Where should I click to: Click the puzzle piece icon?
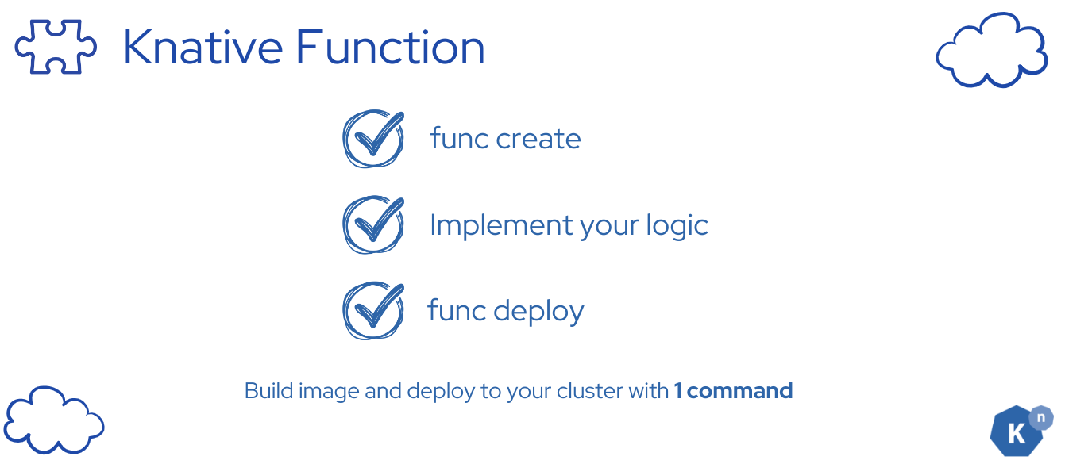coord(56,48)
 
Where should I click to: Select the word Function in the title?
coord(390,48)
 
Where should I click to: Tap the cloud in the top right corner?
coord(991,51)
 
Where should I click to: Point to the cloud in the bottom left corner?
coord(54,420)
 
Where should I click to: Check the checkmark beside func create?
coord(372,139)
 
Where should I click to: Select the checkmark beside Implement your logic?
coord(372,225)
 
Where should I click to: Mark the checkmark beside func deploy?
coord(372,310)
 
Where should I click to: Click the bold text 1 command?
coord(733,391)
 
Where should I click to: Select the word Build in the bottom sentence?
coord(269,391)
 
